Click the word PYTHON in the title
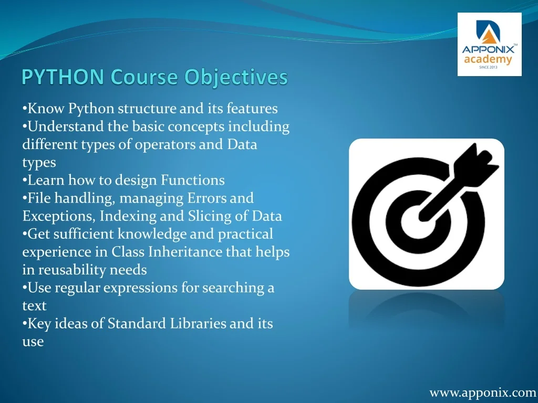click(x=63, y=77)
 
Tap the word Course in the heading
click(x=144, y=77)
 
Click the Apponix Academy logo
click(x=489, y=44)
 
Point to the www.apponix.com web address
click(x=483, y=393)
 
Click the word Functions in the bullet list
click(x=193, y=180)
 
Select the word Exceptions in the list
click(x=59, y=216)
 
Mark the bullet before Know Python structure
click(x=24, y=108)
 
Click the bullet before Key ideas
click(x=24, y=323)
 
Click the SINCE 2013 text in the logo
click(x=488, y=67)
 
